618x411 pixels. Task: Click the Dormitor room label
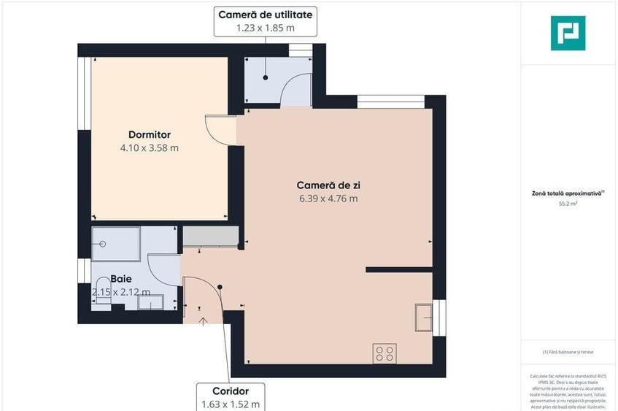tap(149, 134)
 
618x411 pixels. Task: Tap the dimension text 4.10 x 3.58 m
tap(149, 147)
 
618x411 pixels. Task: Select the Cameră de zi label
tap(328, 185)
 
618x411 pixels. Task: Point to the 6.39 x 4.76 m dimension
tap(328, 198)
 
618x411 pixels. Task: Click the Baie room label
tap(121, 279)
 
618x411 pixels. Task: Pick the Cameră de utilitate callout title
tap(266, 14)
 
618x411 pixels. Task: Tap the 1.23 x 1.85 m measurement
tap(266, 28)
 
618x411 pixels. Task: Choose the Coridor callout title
tap(231, 391)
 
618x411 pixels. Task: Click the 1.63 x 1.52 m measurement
tap(231, 404)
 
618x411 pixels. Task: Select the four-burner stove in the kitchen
tap(385, 354)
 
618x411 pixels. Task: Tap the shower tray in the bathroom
tap(115, 243)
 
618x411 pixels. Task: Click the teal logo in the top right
tap(568, 33)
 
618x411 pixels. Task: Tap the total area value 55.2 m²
tap(568, 205)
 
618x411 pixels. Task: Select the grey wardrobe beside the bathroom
tap(210, 237)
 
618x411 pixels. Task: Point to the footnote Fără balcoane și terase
tap(568, 352)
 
